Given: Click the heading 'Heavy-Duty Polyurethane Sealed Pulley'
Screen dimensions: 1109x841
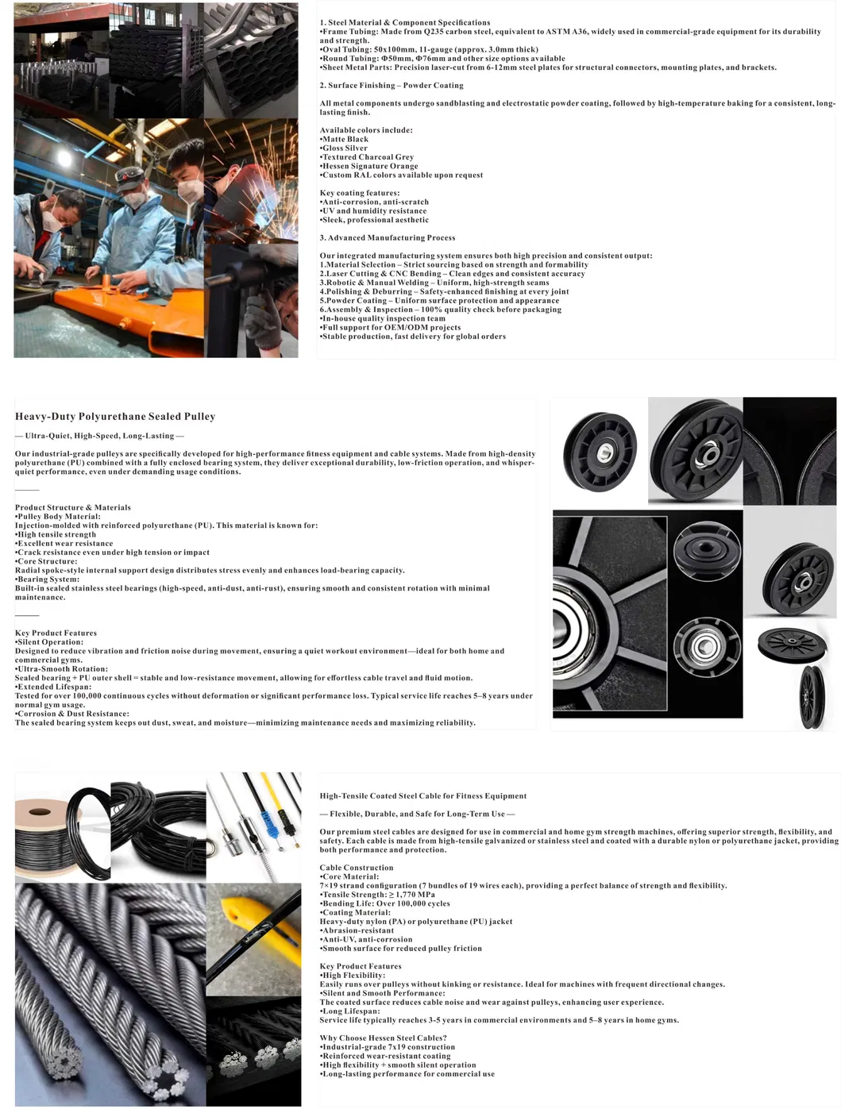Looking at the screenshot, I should point(115,416).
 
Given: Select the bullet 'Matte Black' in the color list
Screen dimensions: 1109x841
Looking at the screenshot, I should point(345,139).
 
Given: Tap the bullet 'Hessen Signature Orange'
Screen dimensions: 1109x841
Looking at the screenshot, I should point(370,166).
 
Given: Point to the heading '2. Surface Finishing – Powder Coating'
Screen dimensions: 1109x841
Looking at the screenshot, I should point(392,85).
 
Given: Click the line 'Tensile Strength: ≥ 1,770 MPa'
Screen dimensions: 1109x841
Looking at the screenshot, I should point(377,895).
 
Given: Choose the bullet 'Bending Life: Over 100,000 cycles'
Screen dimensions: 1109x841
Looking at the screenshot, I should point(386,903).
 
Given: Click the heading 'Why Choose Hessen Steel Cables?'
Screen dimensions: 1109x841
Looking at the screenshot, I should point(383,1038).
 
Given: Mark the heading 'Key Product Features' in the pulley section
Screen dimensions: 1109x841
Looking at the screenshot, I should point(56,633).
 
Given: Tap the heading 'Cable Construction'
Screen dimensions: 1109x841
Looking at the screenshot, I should point(357,868).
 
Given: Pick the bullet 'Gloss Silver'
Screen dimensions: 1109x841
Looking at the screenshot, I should point(345,148).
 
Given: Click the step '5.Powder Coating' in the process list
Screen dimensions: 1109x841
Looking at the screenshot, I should point(441,300).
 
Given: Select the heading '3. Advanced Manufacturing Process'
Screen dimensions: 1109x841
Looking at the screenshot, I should point(388,237).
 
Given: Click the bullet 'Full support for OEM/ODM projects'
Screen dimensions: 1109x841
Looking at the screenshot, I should point(391,327).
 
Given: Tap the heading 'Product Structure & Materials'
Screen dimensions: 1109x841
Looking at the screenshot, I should point(73,507).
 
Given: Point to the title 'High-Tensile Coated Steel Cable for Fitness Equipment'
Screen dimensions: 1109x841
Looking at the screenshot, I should point(423,795).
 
